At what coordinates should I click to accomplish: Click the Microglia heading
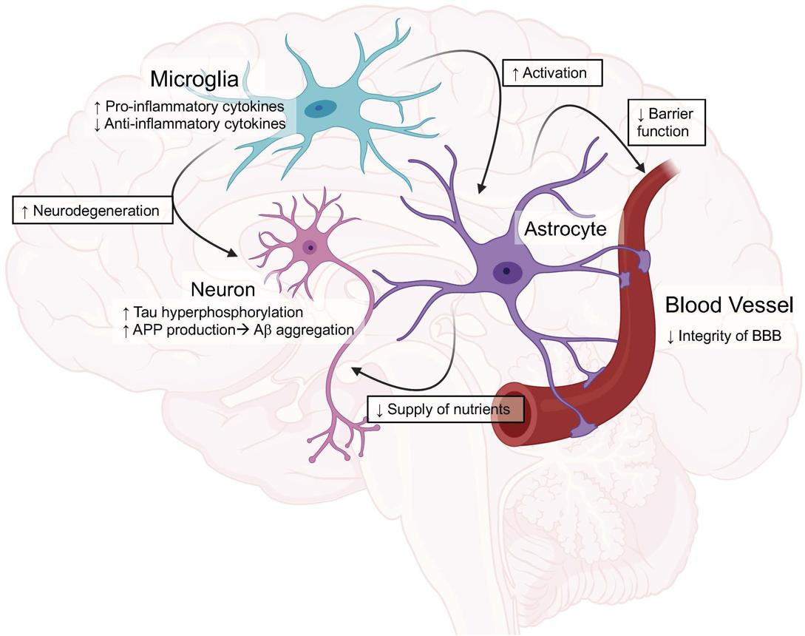194,79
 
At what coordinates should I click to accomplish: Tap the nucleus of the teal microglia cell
320,109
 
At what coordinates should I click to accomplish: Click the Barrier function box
666,122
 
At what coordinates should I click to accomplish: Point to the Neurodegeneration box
92,210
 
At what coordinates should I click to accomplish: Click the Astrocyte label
565,229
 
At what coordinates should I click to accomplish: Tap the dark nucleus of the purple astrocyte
506,271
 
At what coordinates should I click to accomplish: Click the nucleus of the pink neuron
310,247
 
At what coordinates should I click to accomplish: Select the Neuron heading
223,290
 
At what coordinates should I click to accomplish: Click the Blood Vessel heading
729,305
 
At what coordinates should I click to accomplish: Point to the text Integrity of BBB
724,336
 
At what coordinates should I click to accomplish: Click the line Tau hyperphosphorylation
213,312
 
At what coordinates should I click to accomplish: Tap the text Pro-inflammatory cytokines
189,106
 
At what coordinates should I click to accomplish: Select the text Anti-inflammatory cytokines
190,124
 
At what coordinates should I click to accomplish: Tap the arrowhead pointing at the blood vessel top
640,167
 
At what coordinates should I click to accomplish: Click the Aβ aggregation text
304,330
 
